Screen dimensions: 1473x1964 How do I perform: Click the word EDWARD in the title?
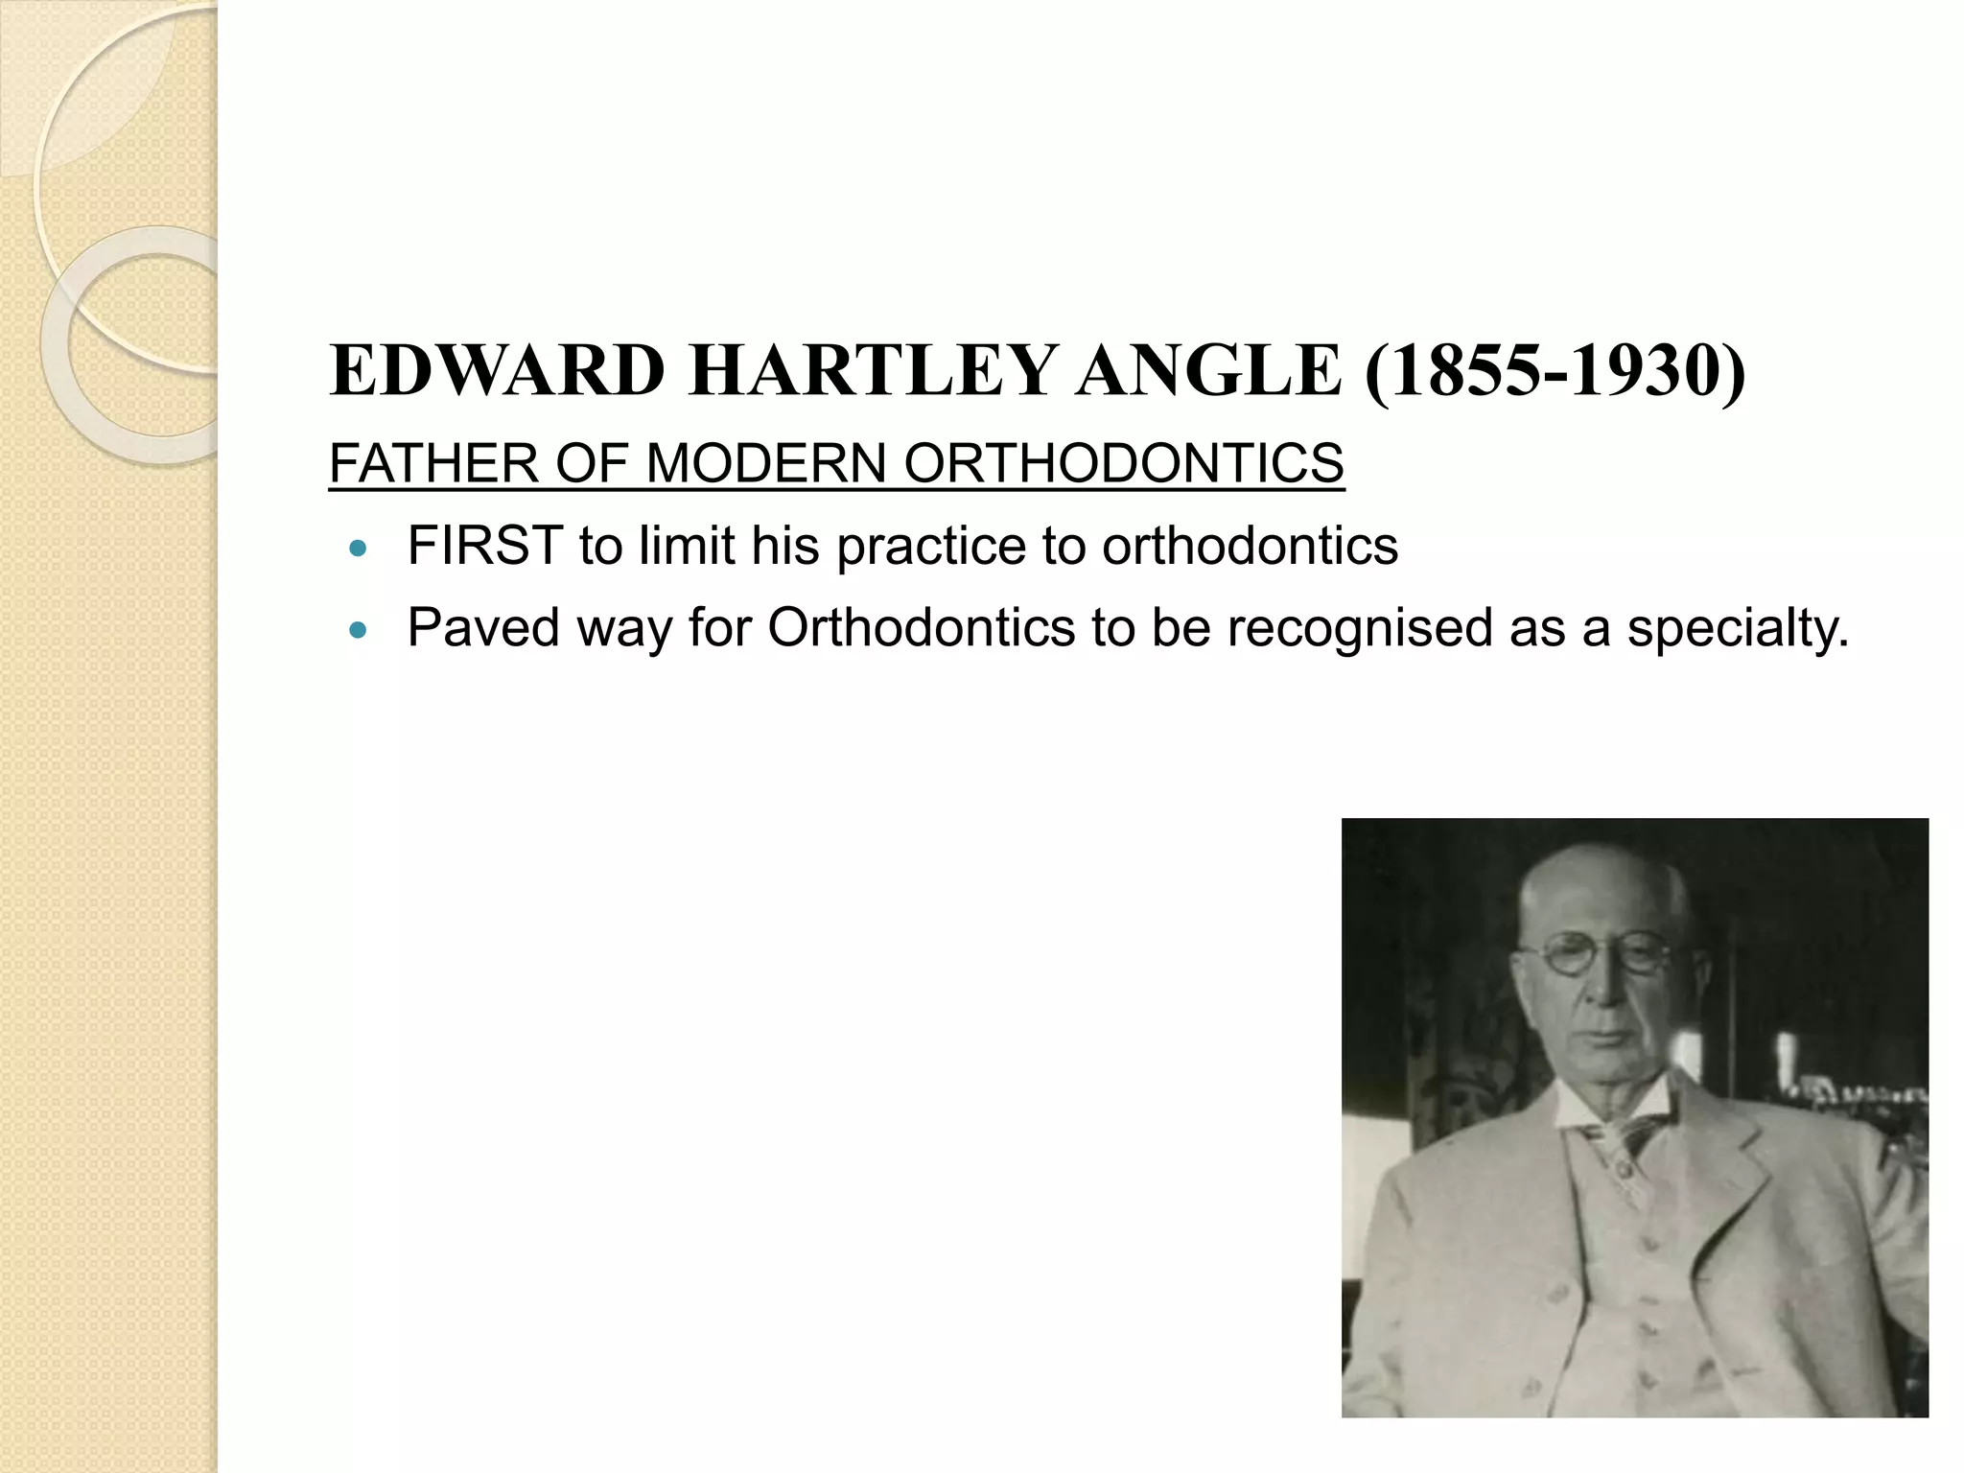point(497,371)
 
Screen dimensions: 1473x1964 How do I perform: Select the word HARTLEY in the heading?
point(872,371)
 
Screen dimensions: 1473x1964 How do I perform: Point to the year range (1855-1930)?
point(1555,373)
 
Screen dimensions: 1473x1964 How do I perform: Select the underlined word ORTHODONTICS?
point(1123,464)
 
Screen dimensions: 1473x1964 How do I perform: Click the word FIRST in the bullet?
point(485,547)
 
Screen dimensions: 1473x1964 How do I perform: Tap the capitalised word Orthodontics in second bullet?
point(921,629)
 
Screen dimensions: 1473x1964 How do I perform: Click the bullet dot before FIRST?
point(359,549)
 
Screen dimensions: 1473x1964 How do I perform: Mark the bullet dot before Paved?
point(359,631)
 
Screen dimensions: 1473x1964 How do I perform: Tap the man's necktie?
point(1620,1151)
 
